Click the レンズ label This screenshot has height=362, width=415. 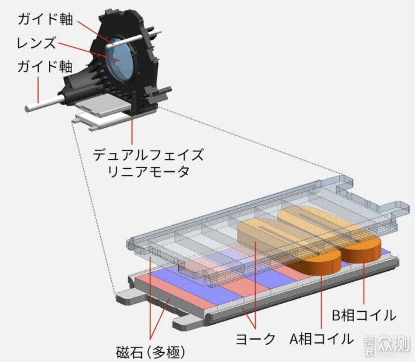click(36, 43)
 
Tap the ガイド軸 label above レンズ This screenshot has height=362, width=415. click(46, 20)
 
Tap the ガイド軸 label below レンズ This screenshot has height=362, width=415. click(45, 66)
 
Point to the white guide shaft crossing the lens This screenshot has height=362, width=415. click(134, 39)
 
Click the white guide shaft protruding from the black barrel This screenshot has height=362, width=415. click(44, 103)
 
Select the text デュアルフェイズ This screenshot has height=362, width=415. click(149, 155)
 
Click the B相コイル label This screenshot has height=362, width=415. click(364, 315)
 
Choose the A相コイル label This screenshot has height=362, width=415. click(322, 339)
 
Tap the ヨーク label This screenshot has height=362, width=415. click(255, 339)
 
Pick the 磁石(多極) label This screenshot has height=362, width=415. click(150, 352)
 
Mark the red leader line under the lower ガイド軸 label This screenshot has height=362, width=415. click(38, 90)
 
